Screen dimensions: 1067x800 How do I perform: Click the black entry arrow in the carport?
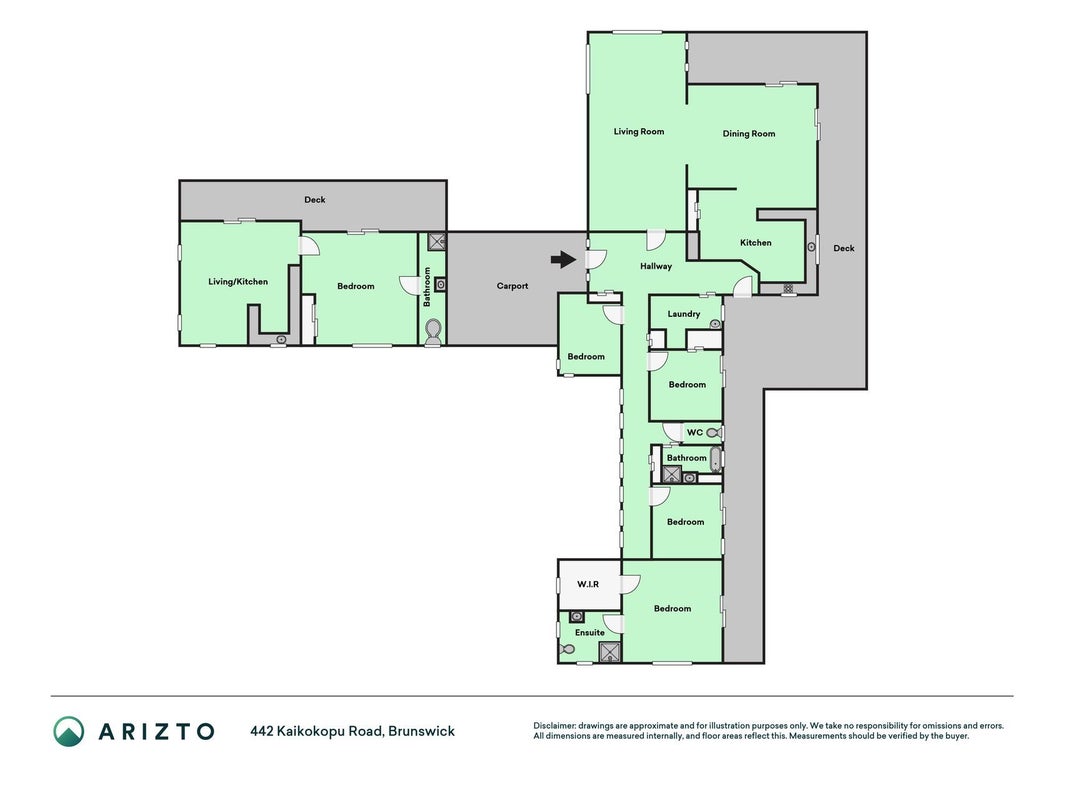563,259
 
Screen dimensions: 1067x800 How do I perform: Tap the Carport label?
512,286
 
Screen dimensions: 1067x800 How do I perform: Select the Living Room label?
639,131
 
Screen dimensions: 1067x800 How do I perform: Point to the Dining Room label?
749,133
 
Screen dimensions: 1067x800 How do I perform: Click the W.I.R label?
588,584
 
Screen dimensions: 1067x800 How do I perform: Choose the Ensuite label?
589,632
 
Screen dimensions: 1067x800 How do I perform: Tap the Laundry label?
684,314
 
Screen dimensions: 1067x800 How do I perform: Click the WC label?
695,432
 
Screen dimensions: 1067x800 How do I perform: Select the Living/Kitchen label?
238,282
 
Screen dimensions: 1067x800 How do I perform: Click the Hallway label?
656,266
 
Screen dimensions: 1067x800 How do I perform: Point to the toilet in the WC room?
712,432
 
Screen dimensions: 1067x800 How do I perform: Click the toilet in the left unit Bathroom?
433,331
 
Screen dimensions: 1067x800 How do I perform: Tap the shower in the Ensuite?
610,652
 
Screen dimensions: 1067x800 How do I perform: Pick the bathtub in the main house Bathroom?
715,459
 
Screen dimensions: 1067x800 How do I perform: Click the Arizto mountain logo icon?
69,731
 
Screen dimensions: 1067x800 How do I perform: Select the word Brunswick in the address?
421,731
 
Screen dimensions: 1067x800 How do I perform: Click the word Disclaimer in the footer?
555,726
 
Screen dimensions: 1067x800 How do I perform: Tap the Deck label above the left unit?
314,199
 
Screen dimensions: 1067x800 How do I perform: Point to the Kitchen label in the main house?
755,242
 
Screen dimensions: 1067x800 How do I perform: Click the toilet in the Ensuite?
565,650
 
